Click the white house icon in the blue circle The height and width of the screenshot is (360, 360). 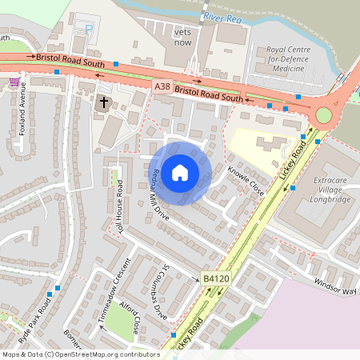click(x=180, y=172)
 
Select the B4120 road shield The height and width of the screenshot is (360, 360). click(x=216, y=278)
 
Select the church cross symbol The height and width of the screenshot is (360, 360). click(x=102, y=102)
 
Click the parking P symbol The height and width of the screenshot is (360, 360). click(x=89, y=29)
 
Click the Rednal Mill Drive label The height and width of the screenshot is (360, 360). click(x=161, y=195)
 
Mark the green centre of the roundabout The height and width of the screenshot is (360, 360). click(x=323, y=115)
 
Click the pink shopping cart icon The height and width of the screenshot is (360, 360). click(x=14, y=81)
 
